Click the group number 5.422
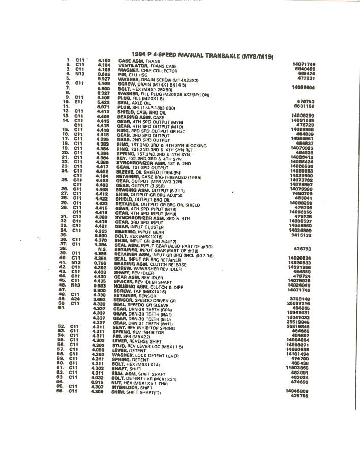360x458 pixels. [104, 102]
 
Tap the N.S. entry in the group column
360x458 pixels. [102, 249]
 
